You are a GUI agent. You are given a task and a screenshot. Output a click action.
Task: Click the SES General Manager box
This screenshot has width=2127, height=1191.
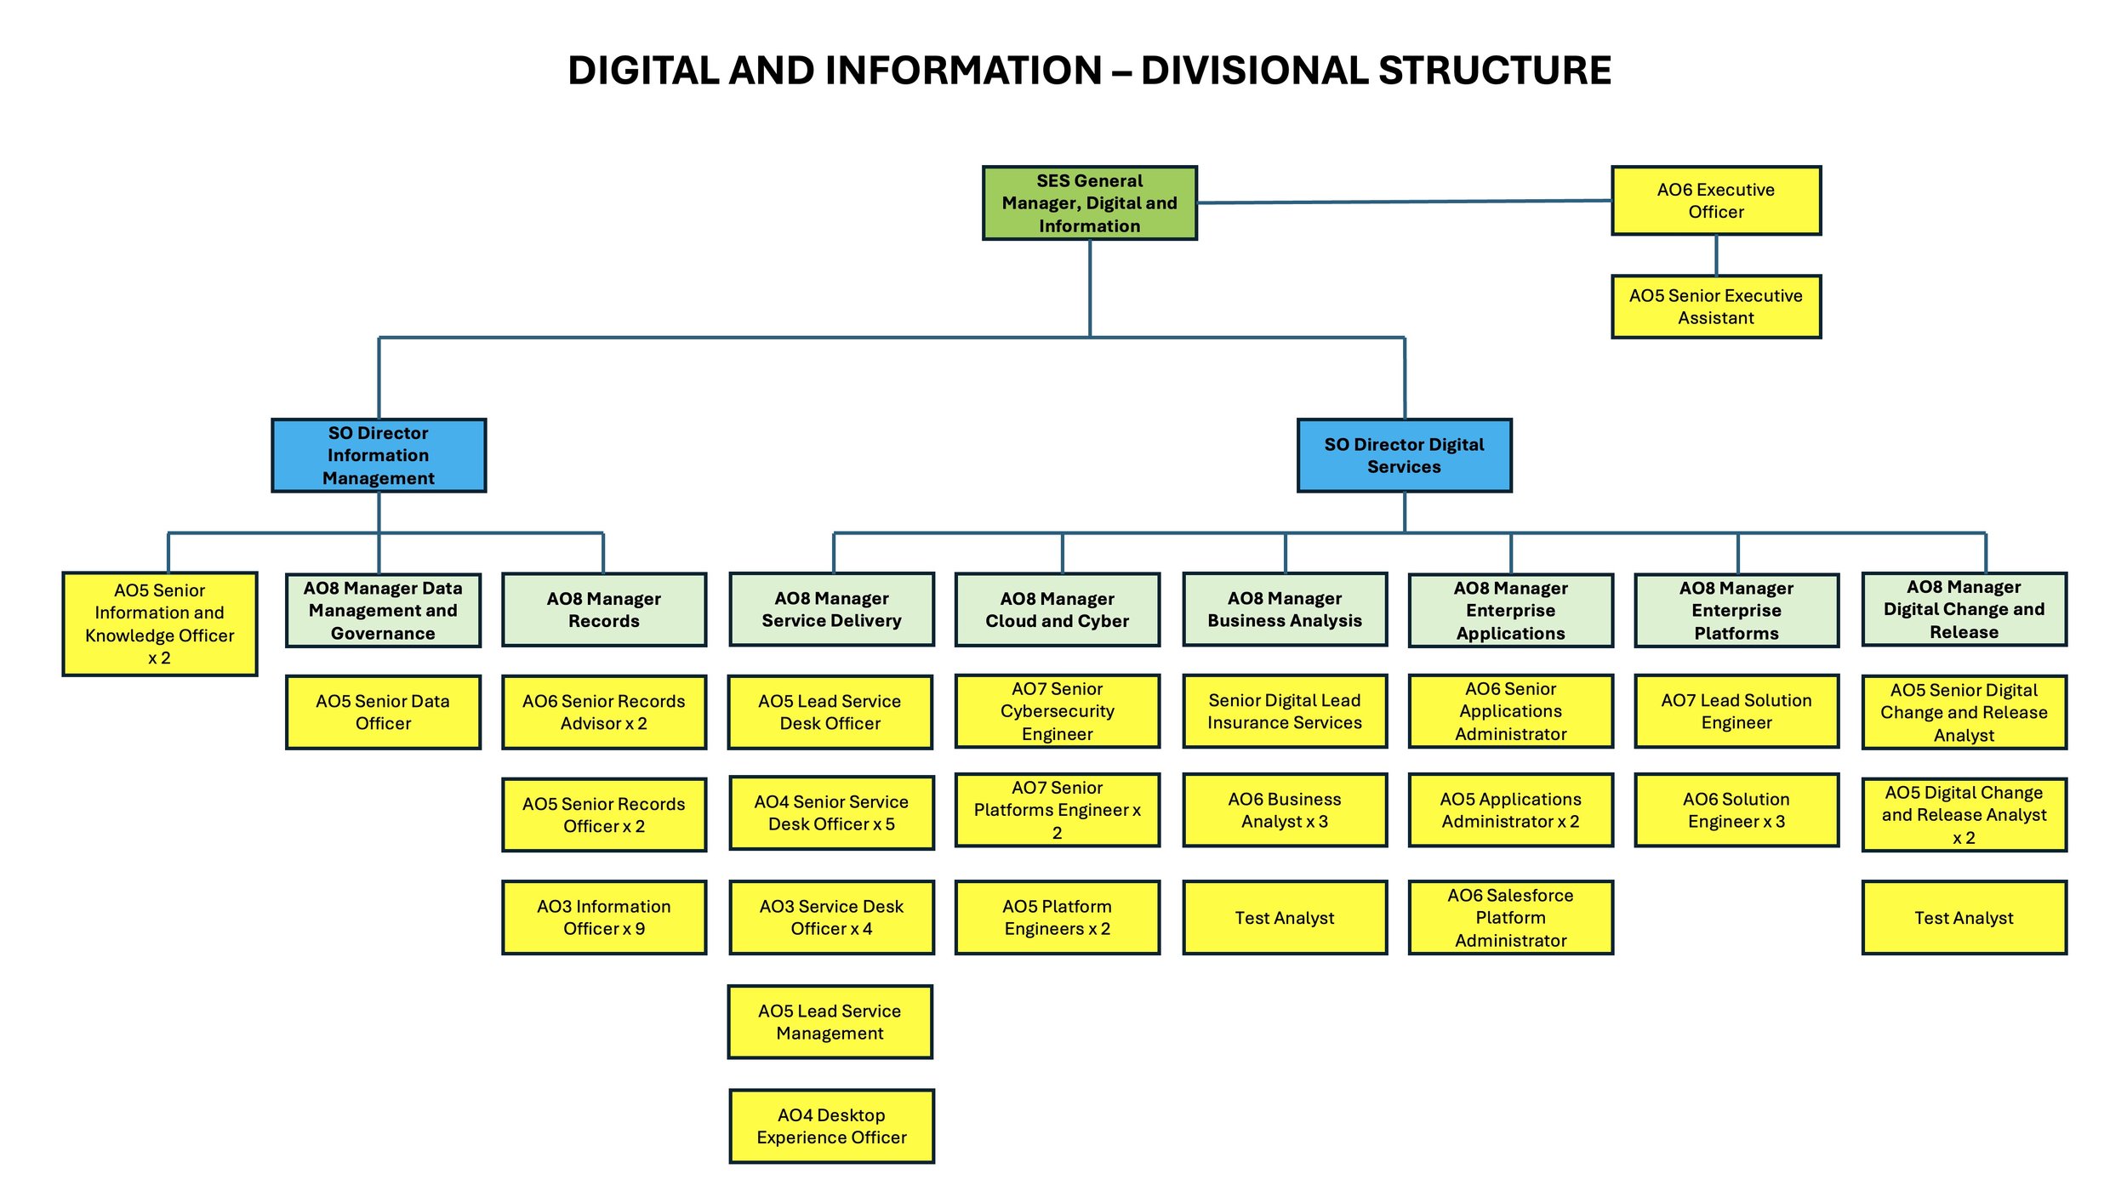pos(1089,202)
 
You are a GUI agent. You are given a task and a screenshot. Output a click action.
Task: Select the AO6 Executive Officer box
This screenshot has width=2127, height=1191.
pos(1715,201)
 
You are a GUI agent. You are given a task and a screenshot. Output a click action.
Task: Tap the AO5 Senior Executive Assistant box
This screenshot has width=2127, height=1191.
pos(1715,306)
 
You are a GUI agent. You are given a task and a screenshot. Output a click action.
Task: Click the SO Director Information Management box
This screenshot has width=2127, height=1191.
pos(379,455)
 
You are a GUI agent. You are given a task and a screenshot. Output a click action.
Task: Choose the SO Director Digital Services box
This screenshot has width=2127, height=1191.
pos(1404,455)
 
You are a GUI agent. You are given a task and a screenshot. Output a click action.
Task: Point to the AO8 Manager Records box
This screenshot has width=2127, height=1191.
pos(603,609)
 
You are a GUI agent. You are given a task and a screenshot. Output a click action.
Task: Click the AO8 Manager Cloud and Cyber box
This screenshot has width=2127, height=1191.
pos(1057,609)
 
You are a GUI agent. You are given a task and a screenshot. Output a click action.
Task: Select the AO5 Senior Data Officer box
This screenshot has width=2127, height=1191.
pos(383,712)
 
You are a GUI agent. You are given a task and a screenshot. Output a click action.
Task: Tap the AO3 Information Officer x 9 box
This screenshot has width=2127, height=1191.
pos(603,917)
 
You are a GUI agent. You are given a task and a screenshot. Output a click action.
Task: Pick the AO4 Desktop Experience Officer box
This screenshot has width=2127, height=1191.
pos(831,1125)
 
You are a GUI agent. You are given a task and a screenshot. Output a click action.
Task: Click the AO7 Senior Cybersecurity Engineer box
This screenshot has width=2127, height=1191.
pos(1057,711)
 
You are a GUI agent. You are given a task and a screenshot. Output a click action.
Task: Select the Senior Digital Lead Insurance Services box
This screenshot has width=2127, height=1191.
pos(1284,711)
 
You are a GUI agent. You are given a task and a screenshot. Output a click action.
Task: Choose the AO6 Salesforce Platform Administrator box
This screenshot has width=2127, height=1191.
pos(1510,917)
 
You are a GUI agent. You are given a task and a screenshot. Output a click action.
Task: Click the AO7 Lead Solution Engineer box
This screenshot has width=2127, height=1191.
pos(1736,711)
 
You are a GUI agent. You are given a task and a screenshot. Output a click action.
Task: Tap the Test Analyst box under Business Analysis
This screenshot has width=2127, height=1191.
pos(1284,917)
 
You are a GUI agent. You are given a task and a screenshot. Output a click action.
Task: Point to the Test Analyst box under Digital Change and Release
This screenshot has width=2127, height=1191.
pos(1964,917)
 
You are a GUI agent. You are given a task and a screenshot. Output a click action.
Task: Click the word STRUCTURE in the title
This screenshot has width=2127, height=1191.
pos(1494,70)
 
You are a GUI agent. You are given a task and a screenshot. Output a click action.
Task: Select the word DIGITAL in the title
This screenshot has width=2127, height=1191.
pos(642,70)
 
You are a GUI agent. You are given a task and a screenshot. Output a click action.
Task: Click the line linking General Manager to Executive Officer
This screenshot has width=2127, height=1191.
pos(1404,202)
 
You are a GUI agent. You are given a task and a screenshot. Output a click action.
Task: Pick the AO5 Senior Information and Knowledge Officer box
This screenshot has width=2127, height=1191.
pos(160,624)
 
